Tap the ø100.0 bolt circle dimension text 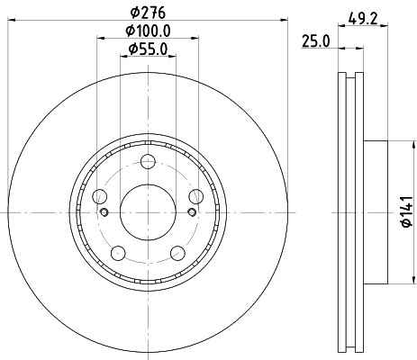149,32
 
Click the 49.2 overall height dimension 363,15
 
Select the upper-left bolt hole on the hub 99,198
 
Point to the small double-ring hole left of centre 105,212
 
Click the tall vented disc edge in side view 350,212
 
